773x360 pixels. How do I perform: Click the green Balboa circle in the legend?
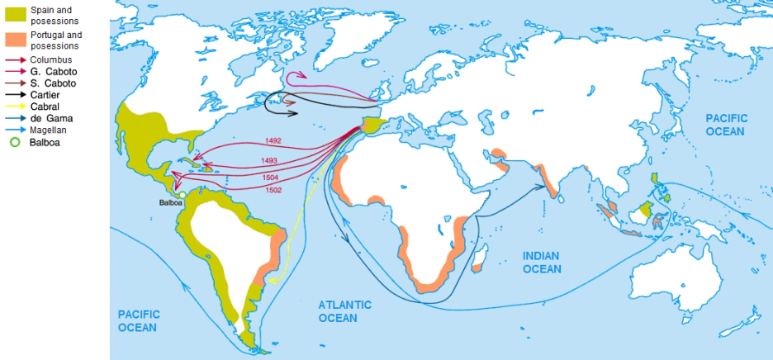tap(13, 142)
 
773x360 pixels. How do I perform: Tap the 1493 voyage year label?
tap(269, 160)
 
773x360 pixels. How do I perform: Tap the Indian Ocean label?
tap(541, 263)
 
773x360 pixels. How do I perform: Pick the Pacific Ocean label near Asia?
tap(725, 126)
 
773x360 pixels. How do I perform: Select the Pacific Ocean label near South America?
tap(137, 320)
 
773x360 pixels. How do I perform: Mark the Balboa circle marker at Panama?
tap(182, 195)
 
